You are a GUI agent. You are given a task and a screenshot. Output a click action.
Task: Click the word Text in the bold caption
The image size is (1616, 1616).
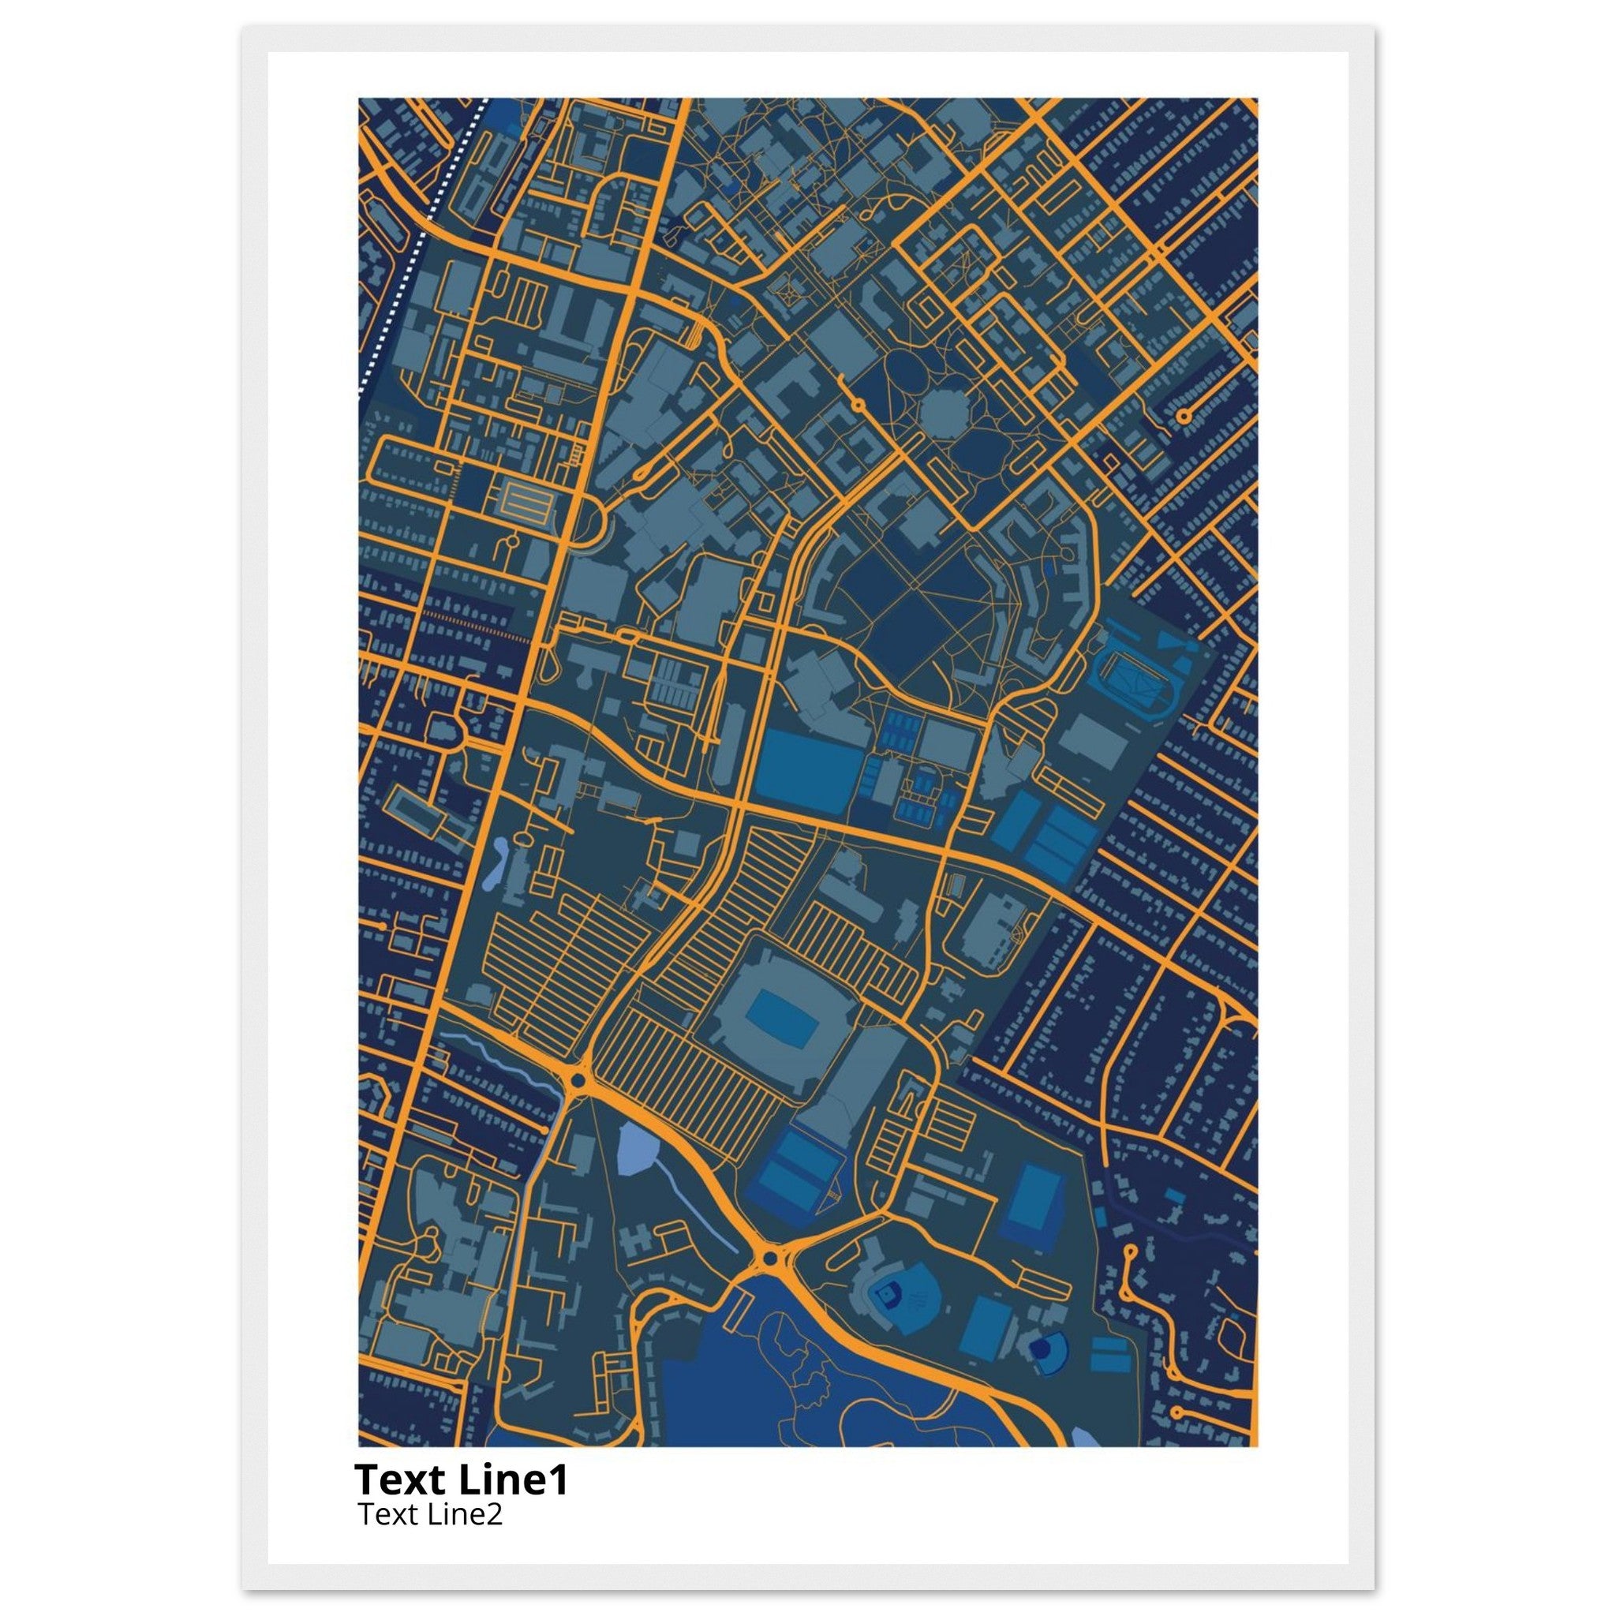pyautogui.click(x=401, y=1480)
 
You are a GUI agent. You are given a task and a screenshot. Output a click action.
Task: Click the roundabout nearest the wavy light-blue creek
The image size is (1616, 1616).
pyautogui.click(x=576, y=1082)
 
